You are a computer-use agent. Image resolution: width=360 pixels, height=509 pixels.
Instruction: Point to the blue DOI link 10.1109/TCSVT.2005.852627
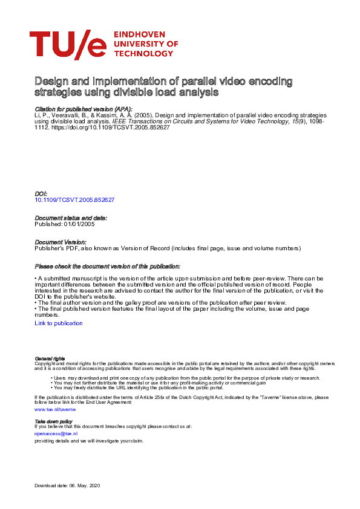click(75, 199)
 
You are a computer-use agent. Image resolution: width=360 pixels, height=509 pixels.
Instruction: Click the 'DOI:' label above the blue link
click(41, 193)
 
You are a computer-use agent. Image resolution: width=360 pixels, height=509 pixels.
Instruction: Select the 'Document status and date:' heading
click(71, 218)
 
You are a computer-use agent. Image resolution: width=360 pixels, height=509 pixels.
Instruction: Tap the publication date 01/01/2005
click(79, 224)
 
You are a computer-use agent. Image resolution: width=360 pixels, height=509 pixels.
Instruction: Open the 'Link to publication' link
click(59, 323)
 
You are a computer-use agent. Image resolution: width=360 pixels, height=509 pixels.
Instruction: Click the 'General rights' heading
click(50, 359)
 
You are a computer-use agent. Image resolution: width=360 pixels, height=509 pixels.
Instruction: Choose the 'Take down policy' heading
click(54, 421)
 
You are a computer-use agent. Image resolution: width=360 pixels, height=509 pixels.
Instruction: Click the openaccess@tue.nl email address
click(56, 433)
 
